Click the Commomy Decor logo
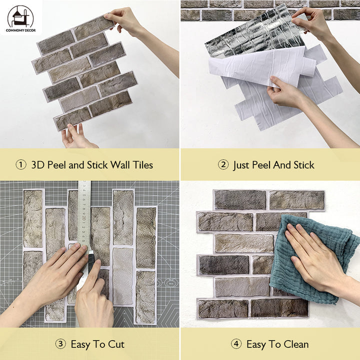tap(20, 18)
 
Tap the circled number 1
tap(20, 164)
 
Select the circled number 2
tap(223, 164)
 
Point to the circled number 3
tap(60, 344)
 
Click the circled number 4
tap(236, 344)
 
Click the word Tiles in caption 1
tap(140, 164)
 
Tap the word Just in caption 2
tap(242, 164)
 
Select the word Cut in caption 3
tap(115, 344)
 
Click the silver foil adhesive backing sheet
tap(250, 35)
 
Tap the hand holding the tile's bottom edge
tap(77, 137)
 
